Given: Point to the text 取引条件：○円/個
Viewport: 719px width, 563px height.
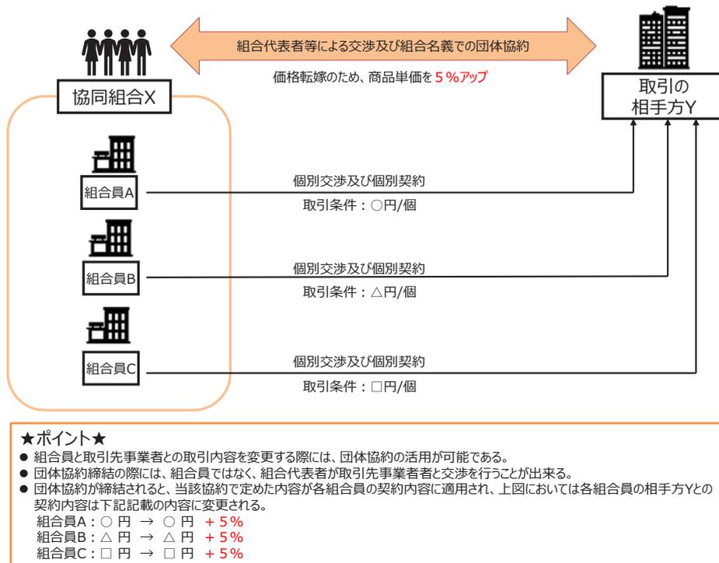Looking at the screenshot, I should click(x=360, y=208).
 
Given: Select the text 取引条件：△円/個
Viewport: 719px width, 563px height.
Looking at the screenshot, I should click(x=360, y=294).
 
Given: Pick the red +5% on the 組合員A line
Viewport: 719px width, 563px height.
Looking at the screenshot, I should click(x=222, y=522).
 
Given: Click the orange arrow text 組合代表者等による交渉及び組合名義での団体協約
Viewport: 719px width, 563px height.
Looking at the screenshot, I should click(x=382, y=46).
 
